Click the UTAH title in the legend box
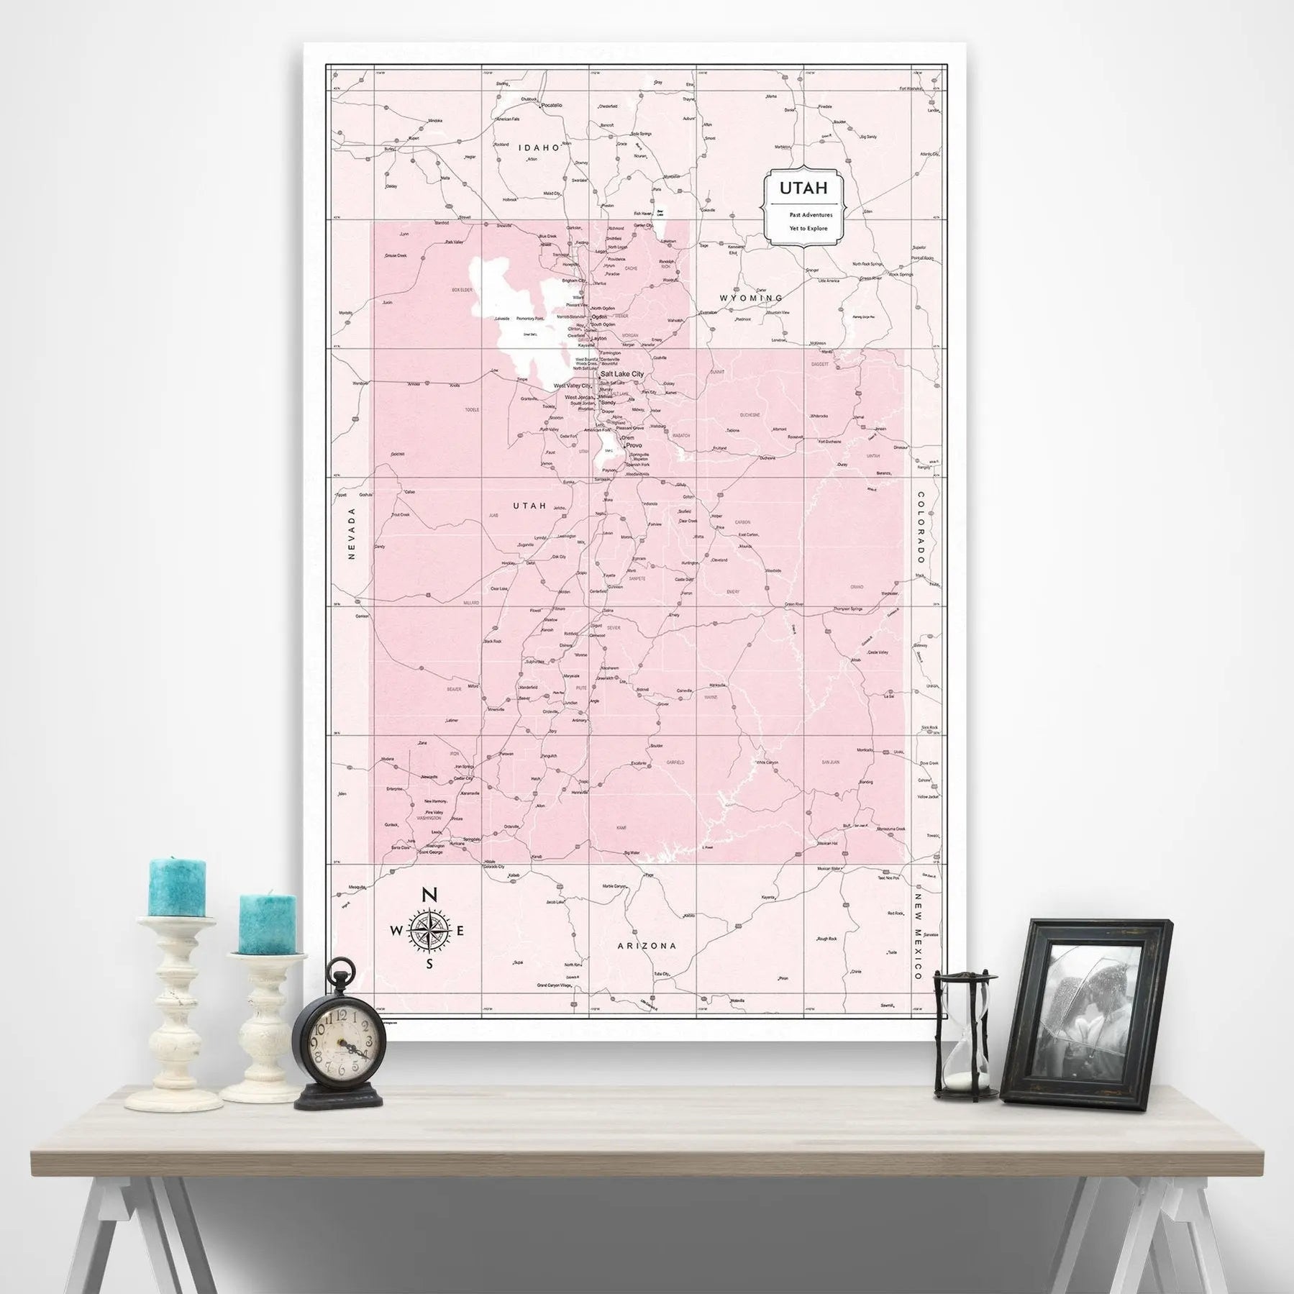(803, 188)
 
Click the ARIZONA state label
(647, 946)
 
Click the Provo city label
(634, 446)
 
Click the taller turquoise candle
(177, 886)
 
